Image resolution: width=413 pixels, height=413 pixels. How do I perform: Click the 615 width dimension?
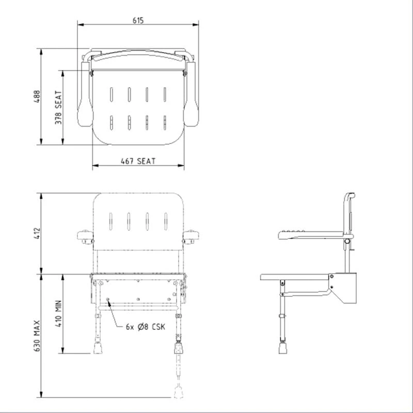pos(138,20)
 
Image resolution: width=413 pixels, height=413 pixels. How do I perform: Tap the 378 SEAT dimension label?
pos(59,107)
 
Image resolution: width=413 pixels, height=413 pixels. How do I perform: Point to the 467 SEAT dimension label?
pos(138,161)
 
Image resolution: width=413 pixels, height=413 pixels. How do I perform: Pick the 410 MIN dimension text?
pos(59,313)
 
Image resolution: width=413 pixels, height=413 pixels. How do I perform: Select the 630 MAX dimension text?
pos(38,336)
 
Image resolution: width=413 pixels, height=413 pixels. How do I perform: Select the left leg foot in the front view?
pos(98,348)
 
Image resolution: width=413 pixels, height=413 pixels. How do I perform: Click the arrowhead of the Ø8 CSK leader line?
pos(108,301)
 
